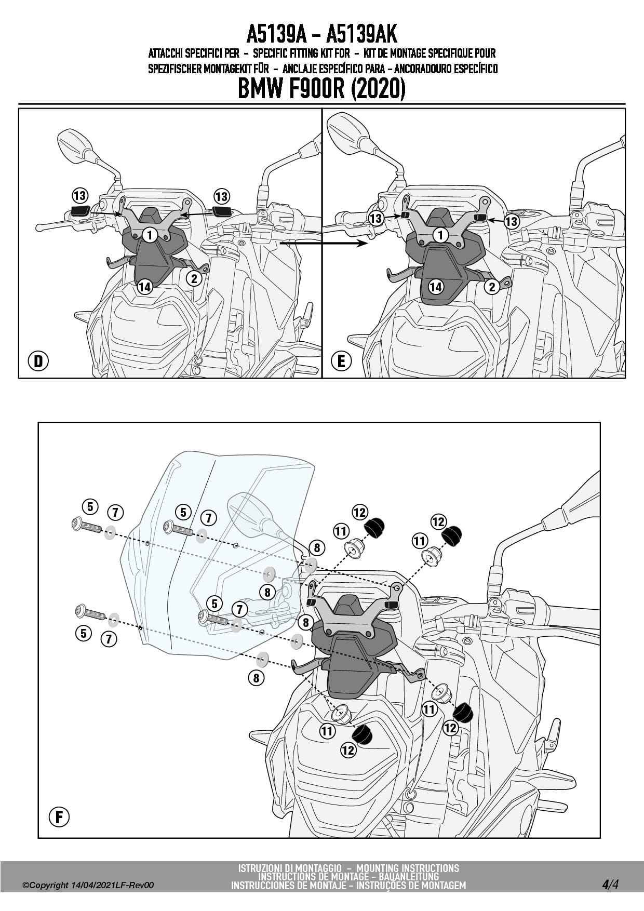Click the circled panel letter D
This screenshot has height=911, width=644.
coord(38,361)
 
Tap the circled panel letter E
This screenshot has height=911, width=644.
coord(341,361)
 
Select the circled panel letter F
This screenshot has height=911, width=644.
coord(59,817)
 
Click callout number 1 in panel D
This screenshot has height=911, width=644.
coord(150,235)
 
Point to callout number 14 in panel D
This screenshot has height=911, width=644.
coord(145,286)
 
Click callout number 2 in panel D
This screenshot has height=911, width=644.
coord(194,278)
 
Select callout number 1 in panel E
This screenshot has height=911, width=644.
coord(440,235)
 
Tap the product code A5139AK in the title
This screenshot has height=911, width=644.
coord(361,35)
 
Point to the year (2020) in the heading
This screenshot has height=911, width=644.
coord(378,89)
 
